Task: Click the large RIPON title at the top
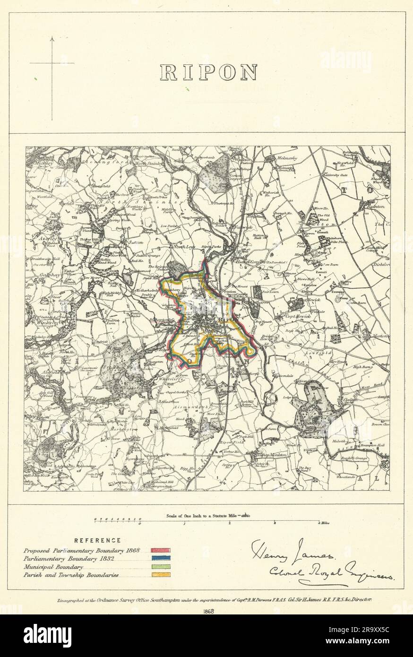pyautogui.click(x=209, y=71)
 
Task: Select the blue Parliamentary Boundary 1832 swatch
pyautogui.click(x=160, y=559)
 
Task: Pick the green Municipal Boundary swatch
pyautogui.click(x=160, y=567)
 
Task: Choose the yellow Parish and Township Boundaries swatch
pyautogui.click(x=160, y=575)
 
